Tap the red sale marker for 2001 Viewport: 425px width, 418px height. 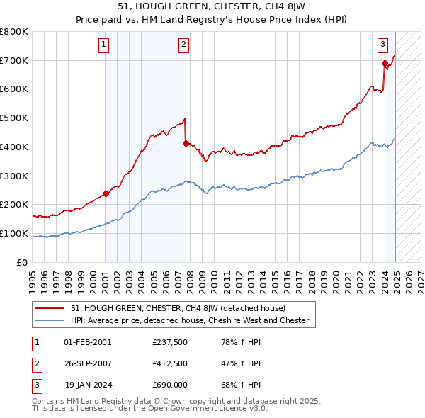[106, 193]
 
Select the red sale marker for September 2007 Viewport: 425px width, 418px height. [186, 143]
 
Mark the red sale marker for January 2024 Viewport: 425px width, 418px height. [385, 64]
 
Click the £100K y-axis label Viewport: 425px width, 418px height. [16, 234]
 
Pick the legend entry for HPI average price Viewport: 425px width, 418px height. [190, 320]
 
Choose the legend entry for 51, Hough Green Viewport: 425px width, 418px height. [177, 309]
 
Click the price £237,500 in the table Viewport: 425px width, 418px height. [171, 342]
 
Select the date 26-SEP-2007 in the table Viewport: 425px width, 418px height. [88, 364]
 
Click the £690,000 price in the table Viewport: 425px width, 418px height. [171, 386]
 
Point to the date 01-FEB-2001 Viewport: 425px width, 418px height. [88, 342]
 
